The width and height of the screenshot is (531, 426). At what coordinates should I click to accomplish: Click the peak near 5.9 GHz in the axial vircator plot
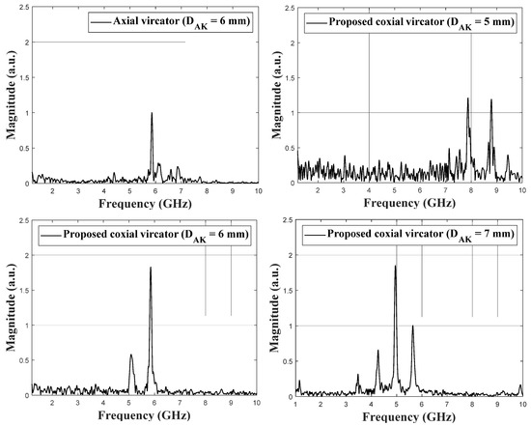(x=152, y=114)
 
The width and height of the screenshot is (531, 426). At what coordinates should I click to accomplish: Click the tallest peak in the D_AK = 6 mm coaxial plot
(x=151, y=269)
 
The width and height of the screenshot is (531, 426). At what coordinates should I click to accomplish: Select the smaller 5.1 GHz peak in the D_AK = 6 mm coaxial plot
(x=130, y=355)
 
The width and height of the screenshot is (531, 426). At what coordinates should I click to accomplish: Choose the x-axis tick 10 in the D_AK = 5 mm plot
(x=520, y=192)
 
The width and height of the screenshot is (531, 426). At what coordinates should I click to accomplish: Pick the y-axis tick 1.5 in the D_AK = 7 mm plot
(x=287, y=290)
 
